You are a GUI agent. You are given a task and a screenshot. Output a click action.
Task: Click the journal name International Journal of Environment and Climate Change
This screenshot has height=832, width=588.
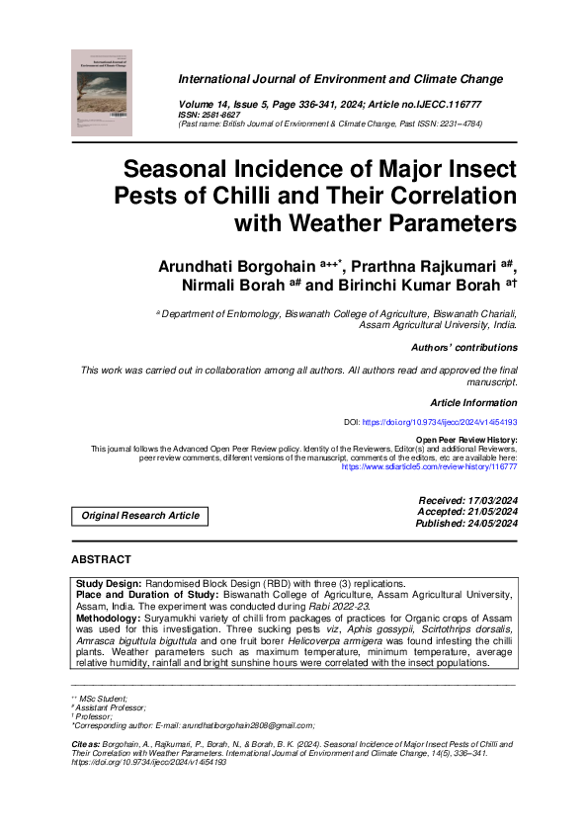[340, 79]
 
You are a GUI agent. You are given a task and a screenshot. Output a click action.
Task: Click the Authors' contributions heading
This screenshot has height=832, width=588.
[463, 348]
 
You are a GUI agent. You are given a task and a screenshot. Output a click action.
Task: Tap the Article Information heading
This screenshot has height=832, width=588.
[473, 402]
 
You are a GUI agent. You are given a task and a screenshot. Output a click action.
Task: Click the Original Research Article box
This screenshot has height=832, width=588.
[140, 516]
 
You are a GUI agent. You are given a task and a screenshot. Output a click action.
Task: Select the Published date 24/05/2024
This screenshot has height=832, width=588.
[491, 524]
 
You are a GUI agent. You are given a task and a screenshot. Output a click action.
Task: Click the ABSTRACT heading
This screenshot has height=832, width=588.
[102, 559]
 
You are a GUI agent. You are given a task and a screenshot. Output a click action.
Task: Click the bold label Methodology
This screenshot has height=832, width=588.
[115, 618]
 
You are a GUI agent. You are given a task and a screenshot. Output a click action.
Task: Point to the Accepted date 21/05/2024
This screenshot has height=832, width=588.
[491, 513]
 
